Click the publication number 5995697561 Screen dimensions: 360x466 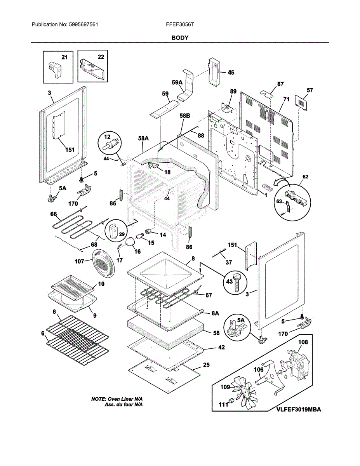coord(83,25)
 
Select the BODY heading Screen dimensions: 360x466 coord(180,38)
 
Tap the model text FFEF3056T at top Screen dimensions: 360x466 coord(180,25)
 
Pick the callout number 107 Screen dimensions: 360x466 coord(79,261)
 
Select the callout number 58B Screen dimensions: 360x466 coord(185,116)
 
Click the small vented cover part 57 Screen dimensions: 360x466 coord(301,103)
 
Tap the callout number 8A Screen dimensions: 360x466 coord(215,313)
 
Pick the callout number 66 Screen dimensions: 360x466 coord(53,214)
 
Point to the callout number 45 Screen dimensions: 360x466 coord(231,73)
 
